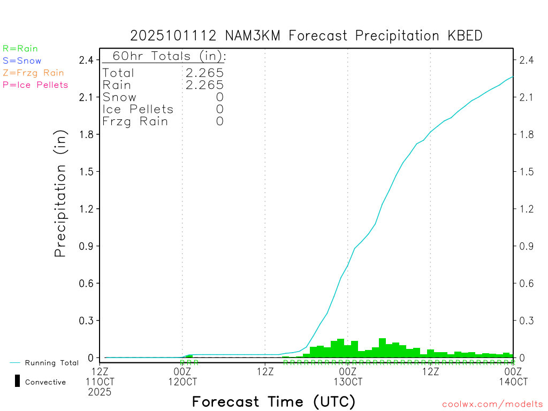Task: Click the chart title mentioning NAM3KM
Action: coord(306,36)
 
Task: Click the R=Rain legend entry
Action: coord(20,49)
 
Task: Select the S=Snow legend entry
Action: coord(22,61)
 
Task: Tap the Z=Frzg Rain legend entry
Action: coord(33,73)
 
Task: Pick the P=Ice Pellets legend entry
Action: coord(35,85)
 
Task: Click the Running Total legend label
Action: coord(51,363)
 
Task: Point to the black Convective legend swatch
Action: coord(17,382)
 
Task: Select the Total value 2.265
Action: coord(204,73)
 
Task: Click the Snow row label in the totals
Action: coord(119,97)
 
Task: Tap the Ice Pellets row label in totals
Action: coord(138,109)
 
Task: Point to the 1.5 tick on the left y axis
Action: coord(87,172)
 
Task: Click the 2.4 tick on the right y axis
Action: coord(527,60)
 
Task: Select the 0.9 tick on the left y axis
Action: coord(87,246)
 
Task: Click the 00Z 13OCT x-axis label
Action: coord(348,377)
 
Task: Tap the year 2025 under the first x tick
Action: coord(100,393)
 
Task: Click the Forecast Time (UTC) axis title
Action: coord(273,401)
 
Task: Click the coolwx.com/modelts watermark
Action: coord(492,404)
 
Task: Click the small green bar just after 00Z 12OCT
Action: coord(189,356)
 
